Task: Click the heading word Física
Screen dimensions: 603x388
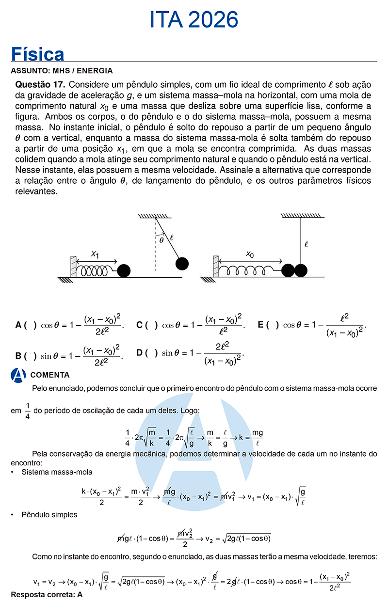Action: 37,54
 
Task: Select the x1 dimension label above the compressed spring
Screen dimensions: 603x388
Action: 95,254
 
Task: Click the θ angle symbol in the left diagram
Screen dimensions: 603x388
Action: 161,239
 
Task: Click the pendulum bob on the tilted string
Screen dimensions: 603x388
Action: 181,263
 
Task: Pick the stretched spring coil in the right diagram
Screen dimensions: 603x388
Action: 250,270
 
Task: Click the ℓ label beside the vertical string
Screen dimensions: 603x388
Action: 306,244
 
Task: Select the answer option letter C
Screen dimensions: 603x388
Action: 140,325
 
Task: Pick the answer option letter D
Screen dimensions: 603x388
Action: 140,353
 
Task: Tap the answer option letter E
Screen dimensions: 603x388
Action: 261,325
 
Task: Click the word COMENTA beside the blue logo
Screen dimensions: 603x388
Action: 50,375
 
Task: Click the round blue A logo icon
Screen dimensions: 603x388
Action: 18,375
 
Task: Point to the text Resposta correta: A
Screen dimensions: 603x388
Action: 47,594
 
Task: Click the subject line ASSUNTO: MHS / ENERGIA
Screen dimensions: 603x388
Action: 61,71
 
